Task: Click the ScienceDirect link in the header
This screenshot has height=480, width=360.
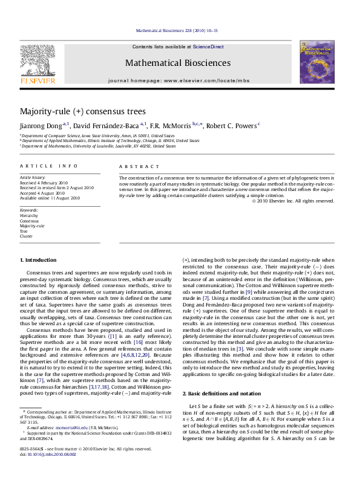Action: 208,47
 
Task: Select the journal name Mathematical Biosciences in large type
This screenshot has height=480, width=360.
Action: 177,63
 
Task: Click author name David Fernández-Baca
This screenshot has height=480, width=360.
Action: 106,126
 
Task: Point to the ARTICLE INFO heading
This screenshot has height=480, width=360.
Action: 48,166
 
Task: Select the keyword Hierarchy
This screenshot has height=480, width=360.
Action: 28,215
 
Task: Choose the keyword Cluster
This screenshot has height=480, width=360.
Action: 26,236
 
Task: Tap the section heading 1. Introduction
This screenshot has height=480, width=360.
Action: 38,260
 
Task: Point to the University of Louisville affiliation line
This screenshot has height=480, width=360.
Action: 90,146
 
